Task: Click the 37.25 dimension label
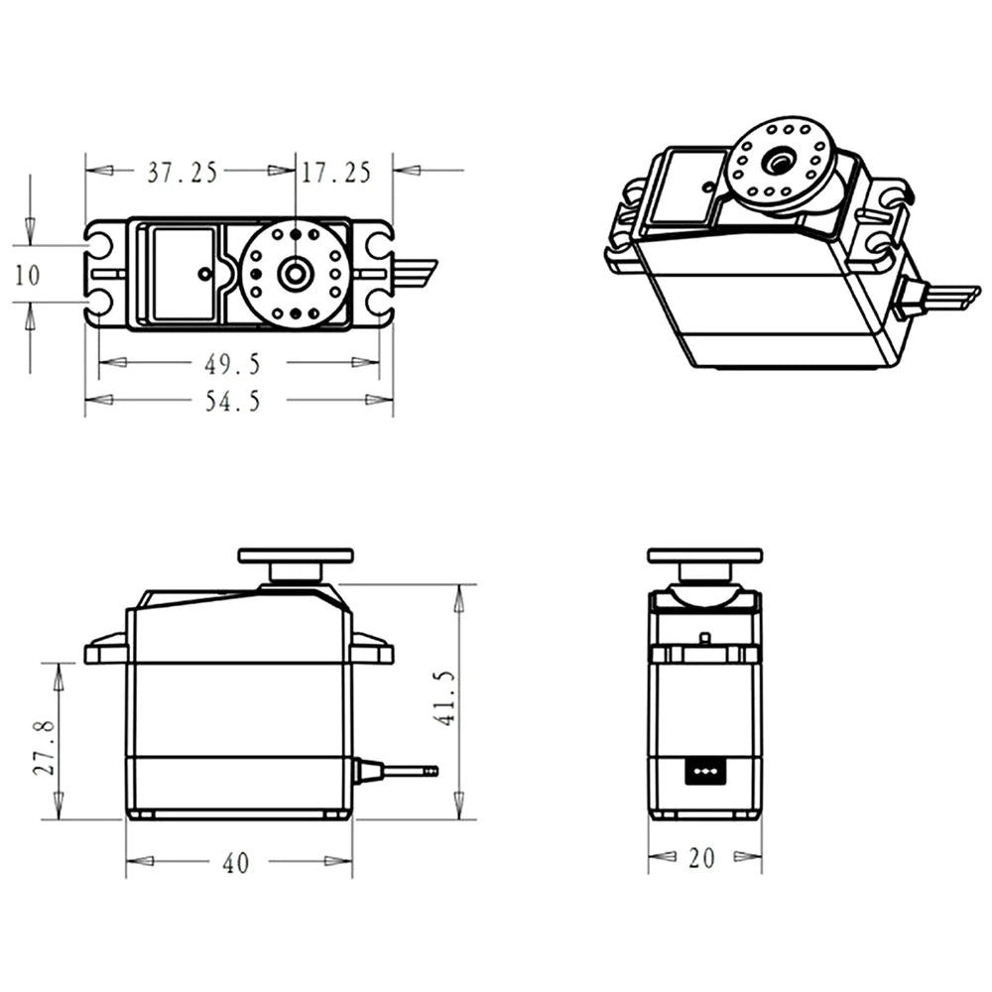point(183,173)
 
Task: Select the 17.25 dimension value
point(336,173)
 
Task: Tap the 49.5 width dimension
point(232,364)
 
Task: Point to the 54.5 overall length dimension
point(232,401)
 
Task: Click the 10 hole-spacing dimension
point(28,274)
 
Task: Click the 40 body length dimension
point(235,863)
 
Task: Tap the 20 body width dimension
point(701,859)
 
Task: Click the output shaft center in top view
point(295,273)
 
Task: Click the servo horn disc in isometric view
point(782,164)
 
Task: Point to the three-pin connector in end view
point(704,770)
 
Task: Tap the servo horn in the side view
point(296,556)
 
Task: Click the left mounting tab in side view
point(105,652)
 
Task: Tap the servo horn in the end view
point(704,556)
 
